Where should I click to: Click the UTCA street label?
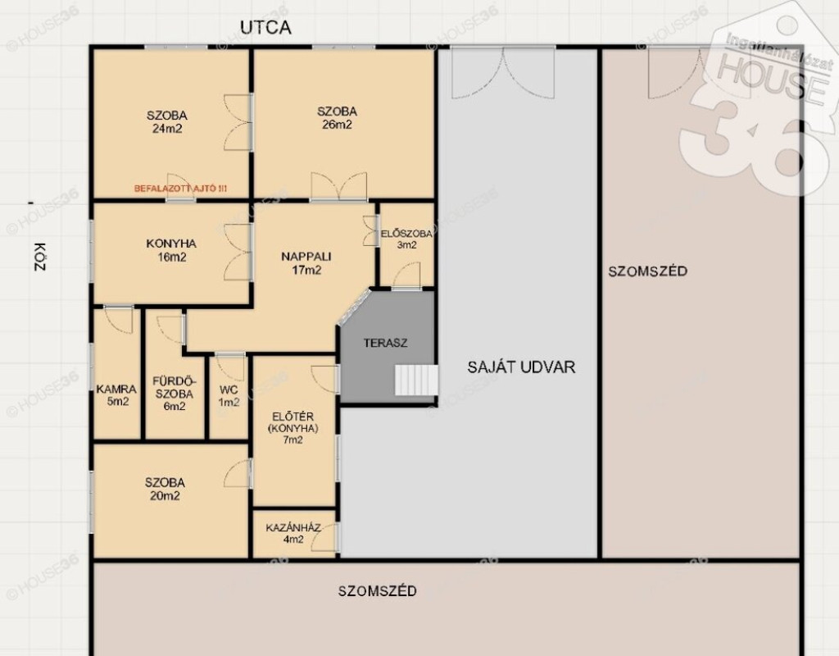click(x=265, y=27)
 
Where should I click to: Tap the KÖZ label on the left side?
click(x=40, y=257)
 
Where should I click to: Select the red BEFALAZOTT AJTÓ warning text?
click(x=180, y=189)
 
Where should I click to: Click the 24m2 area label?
click(x=167, y=129)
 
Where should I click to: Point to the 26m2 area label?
click(x=337, y=125)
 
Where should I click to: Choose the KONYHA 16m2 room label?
click(x=171, y=250)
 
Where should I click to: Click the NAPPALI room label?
click(x=306, y=257)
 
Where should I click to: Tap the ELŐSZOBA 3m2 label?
click(x=406, y=239)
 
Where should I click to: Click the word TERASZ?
click(x=385, y=343)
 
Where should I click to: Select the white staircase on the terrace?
click(x=416, y=380)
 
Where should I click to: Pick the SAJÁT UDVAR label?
click(x=521, y=367)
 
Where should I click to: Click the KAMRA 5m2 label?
click(x=116, y=395)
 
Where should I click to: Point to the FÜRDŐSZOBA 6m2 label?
click(x=175, y=394)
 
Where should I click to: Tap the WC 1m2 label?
click(x=229, y=396)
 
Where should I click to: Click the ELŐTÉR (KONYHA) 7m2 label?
click(x=293, y=428)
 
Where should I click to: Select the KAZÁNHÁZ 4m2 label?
click(x=293, y=533)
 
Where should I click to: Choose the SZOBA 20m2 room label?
click(x=165, y=489)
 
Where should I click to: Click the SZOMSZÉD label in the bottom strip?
click(x=377, y=591)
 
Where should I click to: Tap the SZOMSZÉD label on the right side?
click(x=647, y=271)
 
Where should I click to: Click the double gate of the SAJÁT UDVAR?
click(x=503, y=72)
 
